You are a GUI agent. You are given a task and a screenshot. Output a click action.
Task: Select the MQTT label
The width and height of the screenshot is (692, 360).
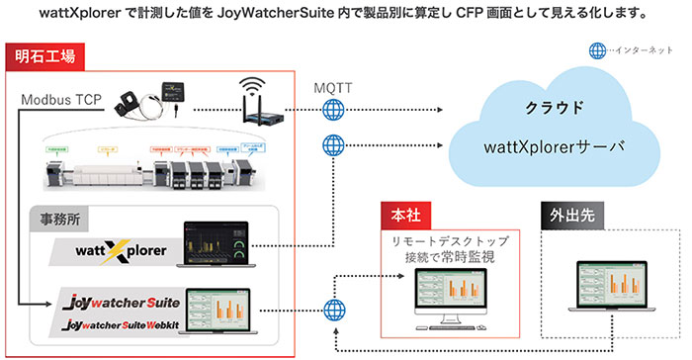tap(331, 90)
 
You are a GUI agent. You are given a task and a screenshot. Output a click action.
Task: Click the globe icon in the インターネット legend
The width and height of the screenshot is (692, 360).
tap(596, 50)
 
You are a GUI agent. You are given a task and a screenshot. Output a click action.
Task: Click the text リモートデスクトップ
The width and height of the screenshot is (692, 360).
tap(450, 239)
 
